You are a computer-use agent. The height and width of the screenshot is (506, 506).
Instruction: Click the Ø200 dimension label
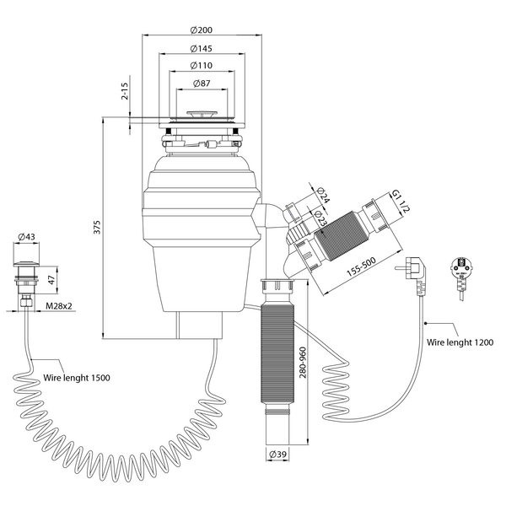202,30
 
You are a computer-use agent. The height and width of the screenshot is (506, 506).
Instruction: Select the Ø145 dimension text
202,48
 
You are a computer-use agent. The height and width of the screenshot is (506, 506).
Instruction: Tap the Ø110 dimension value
202,66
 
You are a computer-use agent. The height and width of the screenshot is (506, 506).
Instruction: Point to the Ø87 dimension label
202,83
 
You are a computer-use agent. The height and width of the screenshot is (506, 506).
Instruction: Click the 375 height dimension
97,227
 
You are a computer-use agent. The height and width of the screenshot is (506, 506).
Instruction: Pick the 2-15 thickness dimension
125,91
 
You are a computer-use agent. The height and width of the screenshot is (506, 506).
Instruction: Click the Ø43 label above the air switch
26,236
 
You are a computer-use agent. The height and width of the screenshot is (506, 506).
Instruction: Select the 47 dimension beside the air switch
51,280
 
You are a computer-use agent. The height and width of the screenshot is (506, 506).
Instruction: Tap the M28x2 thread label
59,305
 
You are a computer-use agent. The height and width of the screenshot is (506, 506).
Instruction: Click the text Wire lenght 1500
77,377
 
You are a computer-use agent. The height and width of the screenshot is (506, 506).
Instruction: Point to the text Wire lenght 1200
460,342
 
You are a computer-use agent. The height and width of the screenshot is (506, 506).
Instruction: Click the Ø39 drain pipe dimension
277,454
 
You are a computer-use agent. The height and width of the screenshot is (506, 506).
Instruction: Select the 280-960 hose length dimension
303,363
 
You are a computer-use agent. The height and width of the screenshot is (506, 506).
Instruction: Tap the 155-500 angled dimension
362,266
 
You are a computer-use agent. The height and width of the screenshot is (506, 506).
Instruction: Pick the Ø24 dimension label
323,195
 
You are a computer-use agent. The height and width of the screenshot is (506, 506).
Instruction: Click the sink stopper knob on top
201,115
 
